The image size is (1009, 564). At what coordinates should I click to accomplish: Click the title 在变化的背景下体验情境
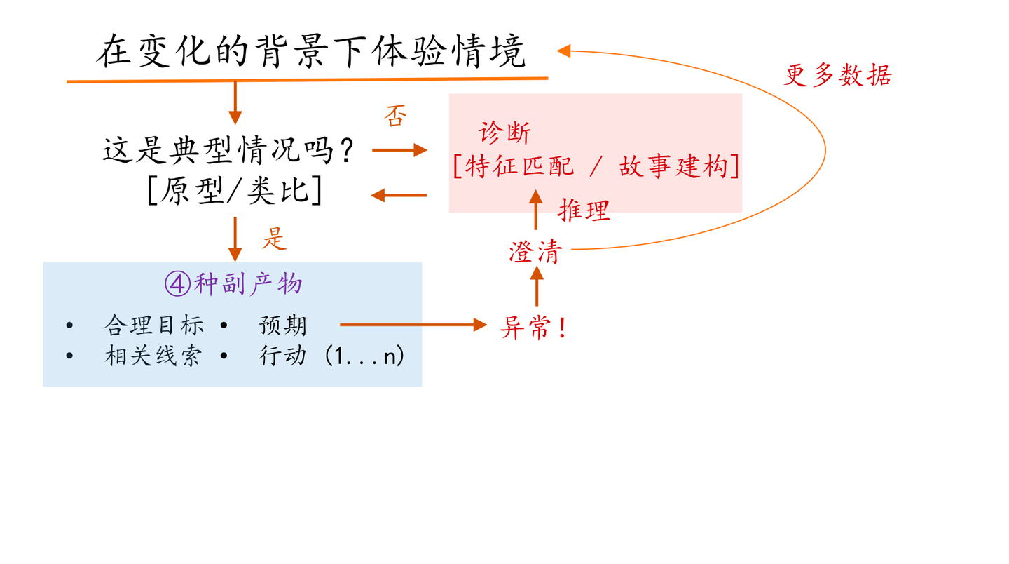pyautogui.click(x=310, y=52)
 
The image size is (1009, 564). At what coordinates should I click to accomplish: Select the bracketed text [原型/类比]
pyautogui.click(x=235, y=190)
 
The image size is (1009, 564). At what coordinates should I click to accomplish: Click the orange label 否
pyautogui.click(x=395, y=116)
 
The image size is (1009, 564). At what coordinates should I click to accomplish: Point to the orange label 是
pyautogui.click(x=275, y=239)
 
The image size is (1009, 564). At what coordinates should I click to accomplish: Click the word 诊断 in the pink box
pyautogui.click(x=504, y=133)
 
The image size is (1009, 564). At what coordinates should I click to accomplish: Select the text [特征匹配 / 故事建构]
pyautogui.click(x=596, y=167)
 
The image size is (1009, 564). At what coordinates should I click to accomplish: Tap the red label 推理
pyautogui.click(x=584, y=210)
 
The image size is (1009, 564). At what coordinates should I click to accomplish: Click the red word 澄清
pyautogui.click(x=535, y=252)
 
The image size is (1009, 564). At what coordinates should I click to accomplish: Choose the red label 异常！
pyautogui.click(x=533, y=327)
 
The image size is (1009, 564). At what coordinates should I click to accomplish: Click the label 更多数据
pyautogui.click(x=837, y=75)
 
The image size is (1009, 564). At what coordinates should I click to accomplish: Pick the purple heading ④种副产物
pyautogui.click(x=233, y=283)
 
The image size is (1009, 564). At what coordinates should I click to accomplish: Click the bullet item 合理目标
pyautogui.click(x=154, y=325)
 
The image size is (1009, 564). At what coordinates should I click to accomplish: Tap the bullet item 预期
pyautogui.click(x=283, y=325)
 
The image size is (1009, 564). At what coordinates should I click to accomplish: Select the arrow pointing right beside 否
pyautogui.click(x=399, y=149)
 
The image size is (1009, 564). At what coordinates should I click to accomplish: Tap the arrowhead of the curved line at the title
pyautogui.click(x=564, y=51)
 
